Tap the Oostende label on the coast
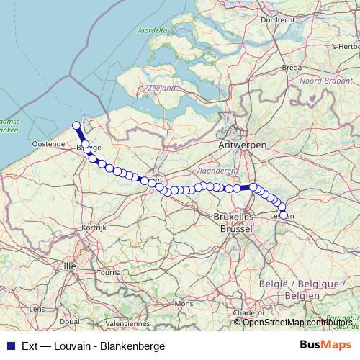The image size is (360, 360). tap(50, 144)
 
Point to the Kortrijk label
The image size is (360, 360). tap(94, 227)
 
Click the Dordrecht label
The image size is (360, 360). tap(277, 20)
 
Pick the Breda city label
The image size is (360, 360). tap(292, 67)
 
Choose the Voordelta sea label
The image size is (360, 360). tap(152, 31)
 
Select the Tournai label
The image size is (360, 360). tap(109, 273)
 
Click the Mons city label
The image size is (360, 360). tap(184, 304)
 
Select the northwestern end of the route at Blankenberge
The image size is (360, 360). tap(76, 125)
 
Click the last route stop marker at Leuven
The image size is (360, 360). tap(283, 215)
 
